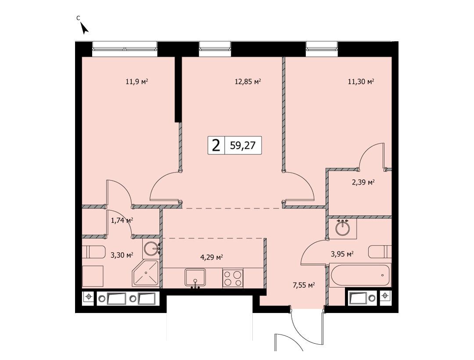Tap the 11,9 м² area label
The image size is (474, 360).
pyautogui.click(x=137, y=82)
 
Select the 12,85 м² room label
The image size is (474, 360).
pyautogui.click(x=248, y=82)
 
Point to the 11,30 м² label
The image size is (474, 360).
pyautogui.click(x=361, y=82)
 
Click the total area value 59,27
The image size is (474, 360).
pyautogui.click(x=243, y=146)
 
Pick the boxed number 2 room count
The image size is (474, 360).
pyautogui.click(x=216, y=146)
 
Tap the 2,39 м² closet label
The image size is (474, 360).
pyautogui.click(x=363, y=182)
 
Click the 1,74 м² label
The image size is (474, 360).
pyautogui.click(x=122, y=220)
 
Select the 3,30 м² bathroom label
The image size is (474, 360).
pyautogui.click(x=122, y=256)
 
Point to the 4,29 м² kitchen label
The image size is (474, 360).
pyautogui.click(x=212, y=258)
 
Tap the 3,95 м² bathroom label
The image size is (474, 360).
pyautogui.click(x=342, y=254)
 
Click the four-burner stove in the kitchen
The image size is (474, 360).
pyautogui.click(x=233, y=278)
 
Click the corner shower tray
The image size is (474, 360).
pyautogui.click(x=145, y=273)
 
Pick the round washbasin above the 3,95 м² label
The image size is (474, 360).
pyautogui.click(x=342, y=227)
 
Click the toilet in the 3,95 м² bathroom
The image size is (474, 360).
pyautogui.click(x=380, y=252)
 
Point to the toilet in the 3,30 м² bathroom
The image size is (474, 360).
pyautogui.click(x=93, y=252)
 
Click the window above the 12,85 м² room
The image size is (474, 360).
pyautogui.click(x=215, y=49)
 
